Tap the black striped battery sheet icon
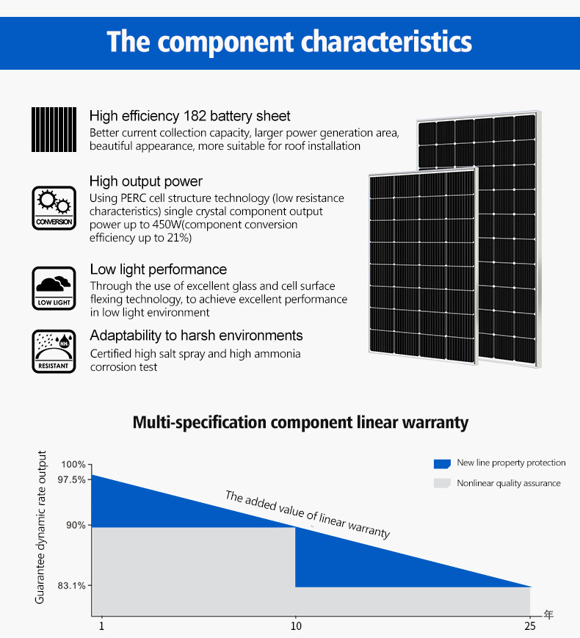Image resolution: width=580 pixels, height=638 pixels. [x=54, y=129]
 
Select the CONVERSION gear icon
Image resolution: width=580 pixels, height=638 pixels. [x=54, y=208]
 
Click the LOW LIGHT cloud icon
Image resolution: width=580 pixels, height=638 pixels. [x=54, y=288]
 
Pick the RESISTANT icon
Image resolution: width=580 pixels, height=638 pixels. [x=54, y=351]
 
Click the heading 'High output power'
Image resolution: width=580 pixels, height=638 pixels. [x=146, y=181]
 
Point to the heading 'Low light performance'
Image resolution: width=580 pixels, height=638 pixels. [x=159, y=269]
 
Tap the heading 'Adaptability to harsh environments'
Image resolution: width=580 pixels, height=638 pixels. [x=196, y=336]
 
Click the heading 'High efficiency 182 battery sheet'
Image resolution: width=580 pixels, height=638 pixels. [x=189, y=116]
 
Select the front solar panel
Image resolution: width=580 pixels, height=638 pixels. [x=423, y=264]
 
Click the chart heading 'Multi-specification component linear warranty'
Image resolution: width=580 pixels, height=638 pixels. [x=300, y=423]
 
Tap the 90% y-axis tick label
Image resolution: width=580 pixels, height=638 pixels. [x=76, y=526]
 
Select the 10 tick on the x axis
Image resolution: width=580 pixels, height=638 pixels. [x=296, y=626]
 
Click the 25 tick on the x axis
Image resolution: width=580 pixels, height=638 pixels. [x=530, y=626]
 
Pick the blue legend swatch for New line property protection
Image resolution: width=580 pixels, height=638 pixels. [x=441, y=463]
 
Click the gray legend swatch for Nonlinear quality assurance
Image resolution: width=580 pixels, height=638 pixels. [x=441, y=483]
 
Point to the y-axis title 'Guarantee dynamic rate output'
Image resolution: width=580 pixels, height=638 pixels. [x=41, y=527]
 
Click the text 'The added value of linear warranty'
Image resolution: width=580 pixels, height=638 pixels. [x=307, y=515]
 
